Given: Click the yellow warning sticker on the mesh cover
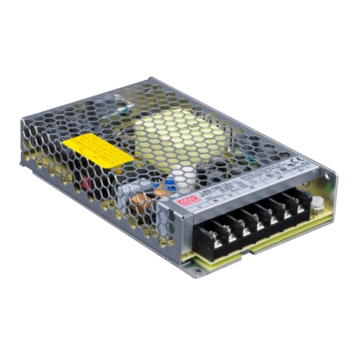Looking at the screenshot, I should point(97,150).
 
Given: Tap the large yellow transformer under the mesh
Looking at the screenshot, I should point(173,133).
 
